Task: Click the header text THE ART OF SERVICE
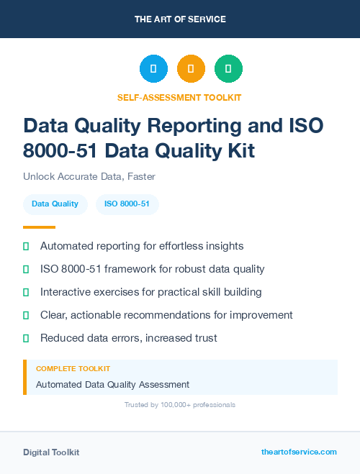click(180, 19)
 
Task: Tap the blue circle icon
click(153, 69)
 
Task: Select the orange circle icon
click(191, 69)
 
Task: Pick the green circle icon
click(228, 69)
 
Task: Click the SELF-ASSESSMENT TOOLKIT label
click(179, 97)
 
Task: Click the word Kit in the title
click(238, 151)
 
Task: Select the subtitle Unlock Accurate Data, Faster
click(89, 176)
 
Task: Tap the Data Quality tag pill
click(55, 204)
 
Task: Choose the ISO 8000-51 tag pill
click(127, 204)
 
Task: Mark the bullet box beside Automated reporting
click(26, 246)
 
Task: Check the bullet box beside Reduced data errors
click(26, 338)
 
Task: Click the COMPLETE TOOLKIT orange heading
click(73, 368)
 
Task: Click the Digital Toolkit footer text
click(51, 452)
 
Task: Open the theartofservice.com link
click(299, 452)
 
